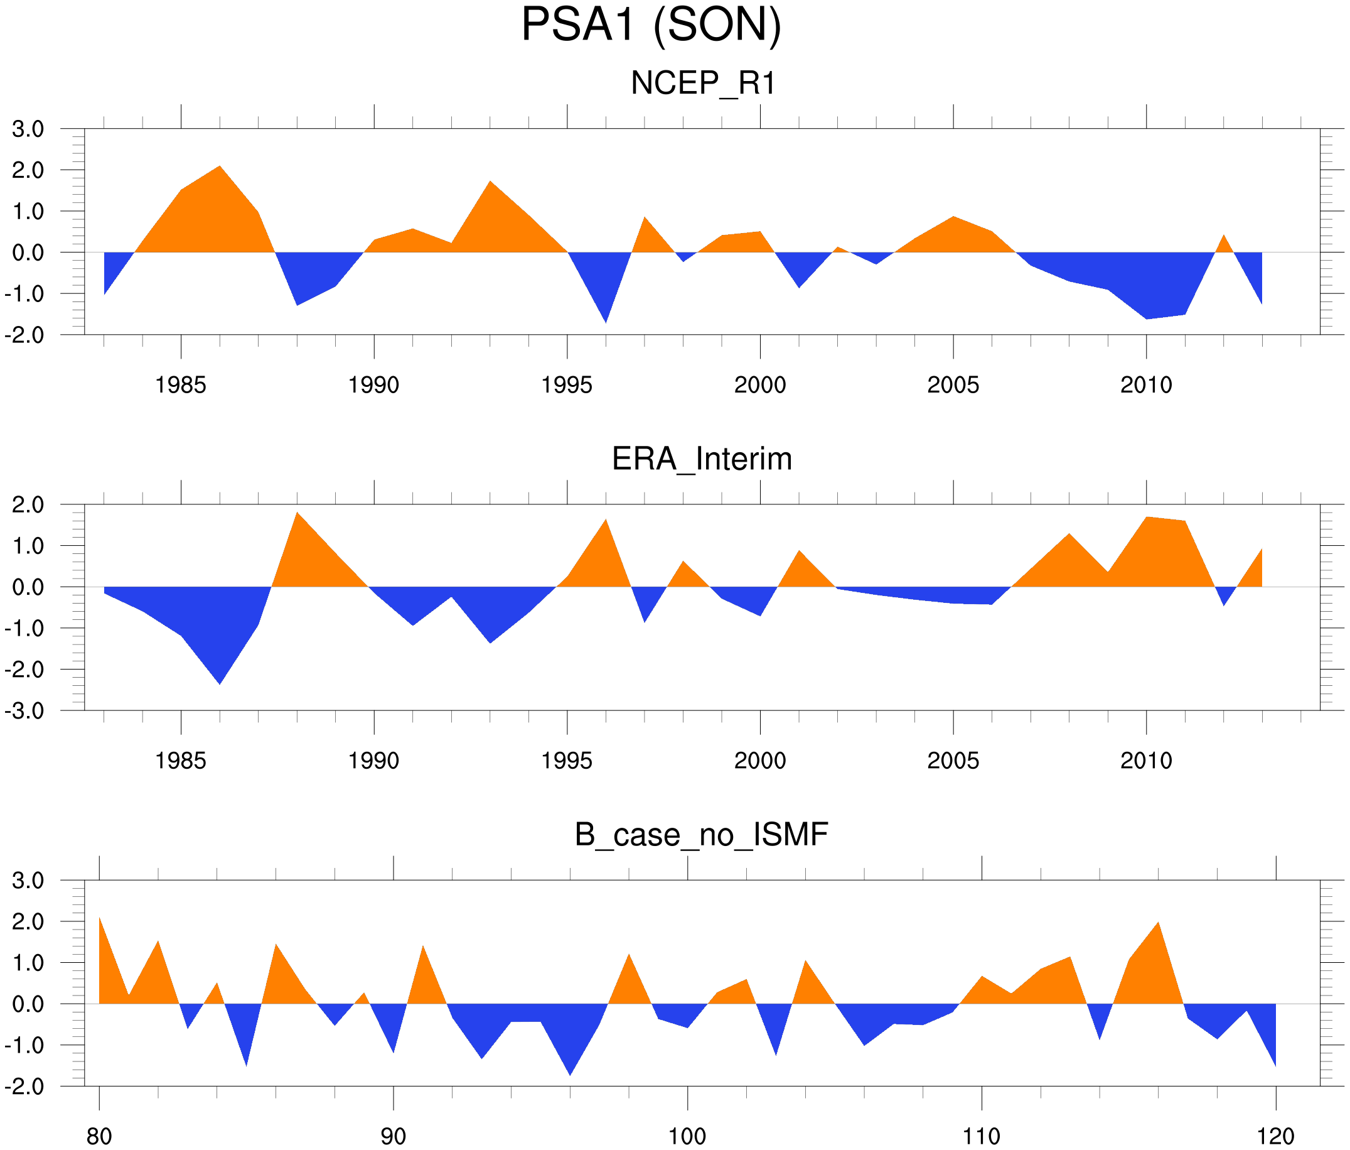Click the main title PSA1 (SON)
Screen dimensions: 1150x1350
click(x=651, y=26)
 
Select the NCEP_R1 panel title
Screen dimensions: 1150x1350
click(x=703, y=84)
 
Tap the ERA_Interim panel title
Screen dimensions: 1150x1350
click(x=702, y=459)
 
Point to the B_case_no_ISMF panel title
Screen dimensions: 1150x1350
click(x=701, y=835)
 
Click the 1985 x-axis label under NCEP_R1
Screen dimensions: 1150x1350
click(x=181, y=385)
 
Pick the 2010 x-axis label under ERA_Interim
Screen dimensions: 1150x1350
click(x=1146, y=761)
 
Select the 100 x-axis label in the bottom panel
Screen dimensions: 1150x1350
click(x=687, y=1136)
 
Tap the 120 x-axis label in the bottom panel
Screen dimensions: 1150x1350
click(x=1275, y=1136)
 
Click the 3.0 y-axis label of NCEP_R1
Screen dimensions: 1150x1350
click(x=28, y=129)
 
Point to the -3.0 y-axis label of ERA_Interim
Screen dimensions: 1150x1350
click(x=24, y=710)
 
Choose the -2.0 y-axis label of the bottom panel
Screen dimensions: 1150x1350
click(x=24, y=1087)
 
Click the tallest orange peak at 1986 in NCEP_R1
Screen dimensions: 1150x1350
click(x=220, y=171)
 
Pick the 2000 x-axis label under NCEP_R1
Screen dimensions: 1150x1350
click(x=759, y=385)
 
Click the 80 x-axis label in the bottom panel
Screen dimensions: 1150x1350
click(x=99, y=1136)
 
